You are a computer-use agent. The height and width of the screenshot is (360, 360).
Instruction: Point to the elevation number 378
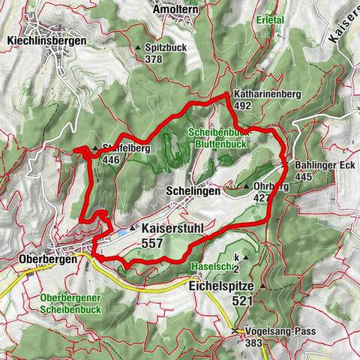(154, 59)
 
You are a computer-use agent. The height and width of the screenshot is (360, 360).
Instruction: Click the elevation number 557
(153, 244)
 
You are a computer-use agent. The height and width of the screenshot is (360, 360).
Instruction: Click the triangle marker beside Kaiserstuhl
(133, 227)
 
